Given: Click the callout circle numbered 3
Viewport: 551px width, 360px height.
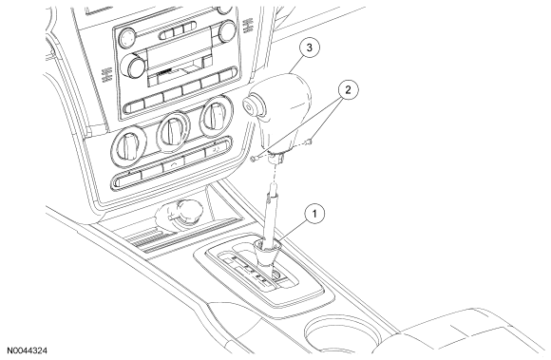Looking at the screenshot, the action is [309, 48].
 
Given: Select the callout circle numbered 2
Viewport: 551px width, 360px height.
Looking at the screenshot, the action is [348, 90].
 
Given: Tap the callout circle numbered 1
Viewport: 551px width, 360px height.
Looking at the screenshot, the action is [314, 213].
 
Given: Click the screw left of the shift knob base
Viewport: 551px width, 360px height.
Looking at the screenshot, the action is [255, 159].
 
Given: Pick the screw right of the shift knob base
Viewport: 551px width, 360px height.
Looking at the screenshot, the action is [309, 142].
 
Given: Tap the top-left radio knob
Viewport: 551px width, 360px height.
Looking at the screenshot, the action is [127, 38].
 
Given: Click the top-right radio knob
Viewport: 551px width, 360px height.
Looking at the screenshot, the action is [227, 31].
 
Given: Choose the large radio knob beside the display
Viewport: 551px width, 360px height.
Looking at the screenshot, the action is [133, 66].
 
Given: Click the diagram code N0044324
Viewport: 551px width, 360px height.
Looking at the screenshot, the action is [27, 351].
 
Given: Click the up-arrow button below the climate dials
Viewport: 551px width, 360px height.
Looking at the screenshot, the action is [174, 164].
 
